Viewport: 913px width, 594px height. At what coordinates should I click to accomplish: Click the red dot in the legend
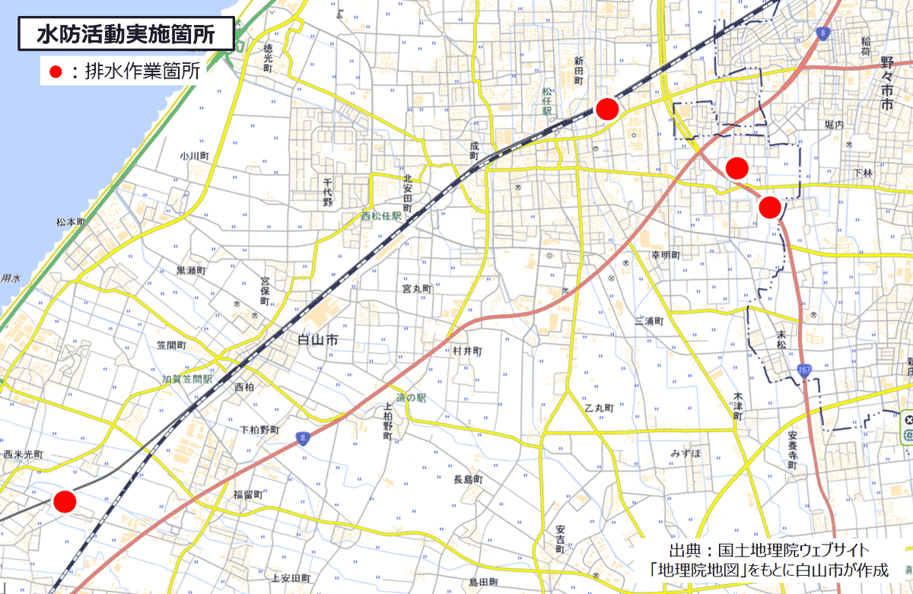[54, 72]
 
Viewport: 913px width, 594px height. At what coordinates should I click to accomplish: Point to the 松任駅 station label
[546, 100]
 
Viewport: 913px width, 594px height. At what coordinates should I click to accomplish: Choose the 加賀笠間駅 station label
[186, 378]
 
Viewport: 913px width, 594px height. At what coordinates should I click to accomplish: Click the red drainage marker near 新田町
[606, 109]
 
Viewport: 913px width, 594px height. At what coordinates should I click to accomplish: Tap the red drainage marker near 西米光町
[65, 501]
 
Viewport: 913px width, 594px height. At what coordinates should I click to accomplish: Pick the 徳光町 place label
[268, 58]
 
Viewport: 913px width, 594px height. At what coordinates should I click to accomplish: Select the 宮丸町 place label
[417, 289]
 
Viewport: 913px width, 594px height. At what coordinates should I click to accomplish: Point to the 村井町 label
[467, 351]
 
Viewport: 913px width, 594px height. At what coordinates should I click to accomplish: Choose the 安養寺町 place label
[792, 452]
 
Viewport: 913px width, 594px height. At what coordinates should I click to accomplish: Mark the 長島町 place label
[468, 479]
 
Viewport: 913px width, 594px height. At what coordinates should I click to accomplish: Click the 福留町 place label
[248, 494]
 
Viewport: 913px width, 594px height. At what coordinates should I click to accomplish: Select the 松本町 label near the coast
[71, 222]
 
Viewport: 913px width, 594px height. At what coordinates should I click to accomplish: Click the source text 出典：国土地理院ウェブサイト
[768, 549]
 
